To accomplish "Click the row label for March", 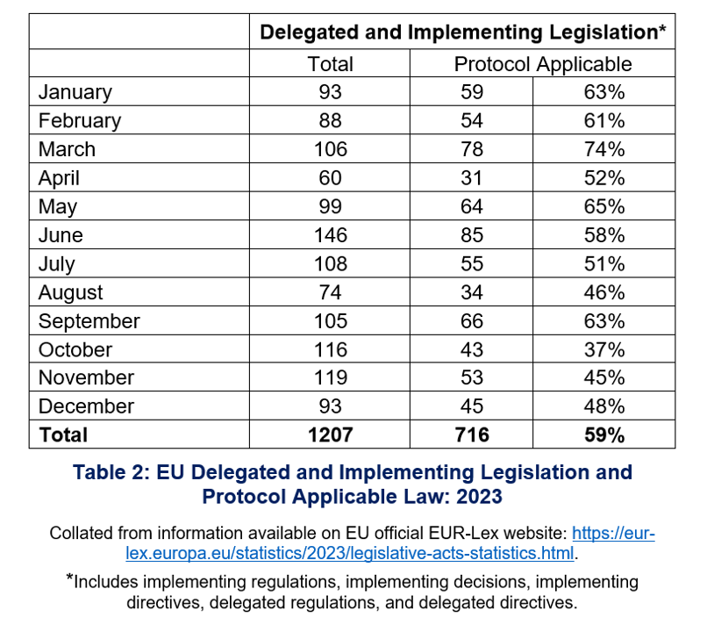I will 67,149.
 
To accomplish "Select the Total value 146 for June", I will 330,235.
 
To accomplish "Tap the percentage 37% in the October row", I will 603,349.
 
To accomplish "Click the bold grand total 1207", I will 330,434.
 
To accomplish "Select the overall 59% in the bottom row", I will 603,434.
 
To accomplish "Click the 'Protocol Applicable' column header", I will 542,64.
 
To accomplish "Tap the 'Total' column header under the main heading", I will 330,64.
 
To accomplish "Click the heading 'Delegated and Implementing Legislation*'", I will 462,32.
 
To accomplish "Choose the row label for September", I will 89,320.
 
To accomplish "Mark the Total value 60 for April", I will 330,178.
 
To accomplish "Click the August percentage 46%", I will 603,292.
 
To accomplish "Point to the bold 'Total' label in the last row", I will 63,434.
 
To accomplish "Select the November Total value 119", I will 330,377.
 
